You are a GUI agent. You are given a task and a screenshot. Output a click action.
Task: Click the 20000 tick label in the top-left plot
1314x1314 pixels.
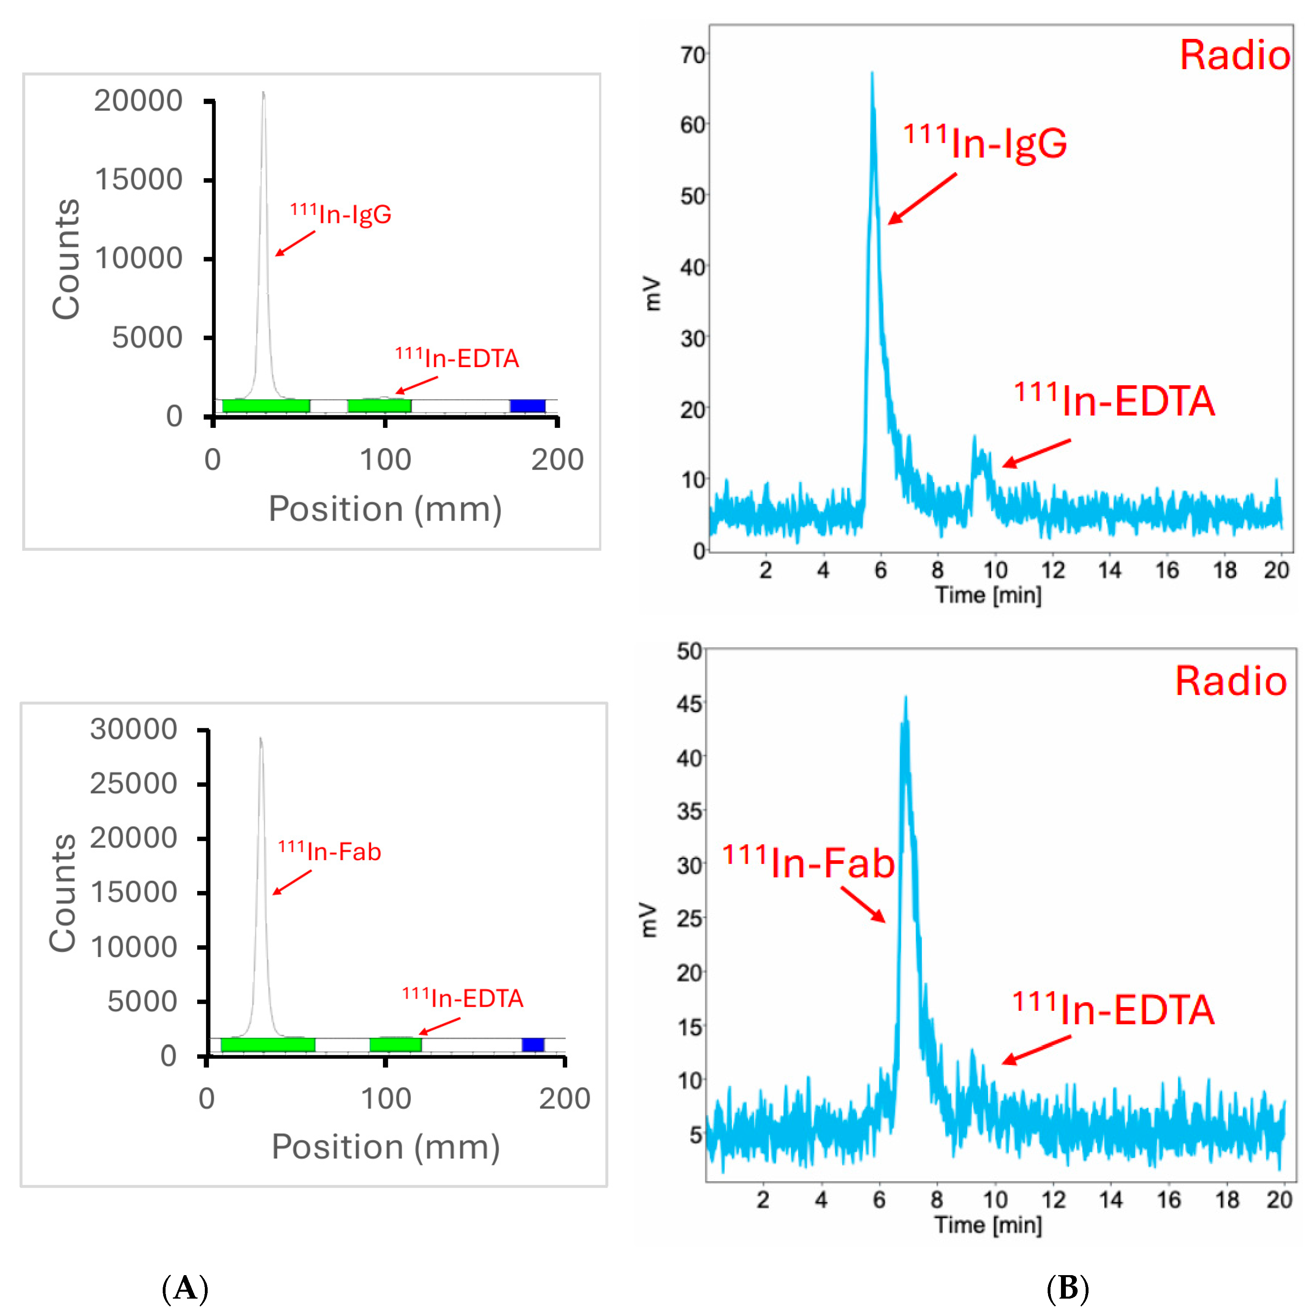point(138,101)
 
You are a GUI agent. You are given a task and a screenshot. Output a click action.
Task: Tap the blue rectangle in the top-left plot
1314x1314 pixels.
point(528,406)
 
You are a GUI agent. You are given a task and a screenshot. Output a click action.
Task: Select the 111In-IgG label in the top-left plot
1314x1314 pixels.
point(341,214)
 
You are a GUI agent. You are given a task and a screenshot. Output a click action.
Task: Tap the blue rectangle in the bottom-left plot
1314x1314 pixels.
point(533,1045)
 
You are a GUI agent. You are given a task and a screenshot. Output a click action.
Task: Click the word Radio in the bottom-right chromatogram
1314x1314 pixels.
point(1231,681)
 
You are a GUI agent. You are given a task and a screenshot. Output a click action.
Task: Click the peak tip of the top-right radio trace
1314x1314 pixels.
point(872,73)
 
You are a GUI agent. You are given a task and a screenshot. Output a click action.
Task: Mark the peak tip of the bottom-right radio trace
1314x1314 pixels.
point(905,697)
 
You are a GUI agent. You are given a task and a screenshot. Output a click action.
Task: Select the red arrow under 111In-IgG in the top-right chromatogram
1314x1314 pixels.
point(922,199)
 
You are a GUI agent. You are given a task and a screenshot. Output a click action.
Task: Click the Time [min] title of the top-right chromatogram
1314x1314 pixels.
point(988,595)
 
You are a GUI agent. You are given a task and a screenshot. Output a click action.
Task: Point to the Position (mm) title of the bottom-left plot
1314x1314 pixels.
point(386,1147)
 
